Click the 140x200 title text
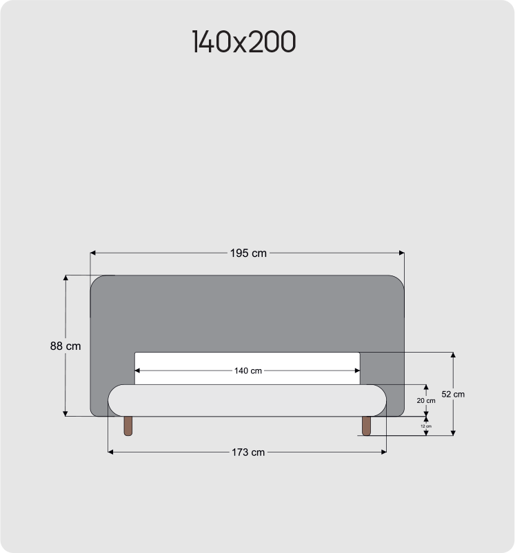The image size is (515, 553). (244, 41)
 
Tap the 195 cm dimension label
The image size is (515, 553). (248, 253)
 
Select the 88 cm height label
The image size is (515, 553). (65, 346)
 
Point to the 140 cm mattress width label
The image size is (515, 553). (248, 371)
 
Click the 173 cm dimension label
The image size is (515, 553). (248, 452)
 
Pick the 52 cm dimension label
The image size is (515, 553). (453, 395)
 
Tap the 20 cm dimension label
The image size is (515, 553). (426, 401)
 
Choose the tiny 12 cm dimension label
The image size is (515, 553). (426, 426)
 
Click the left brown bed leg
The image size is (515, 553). (128, 426)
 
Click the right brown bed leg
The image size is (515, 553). (366, 426)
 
